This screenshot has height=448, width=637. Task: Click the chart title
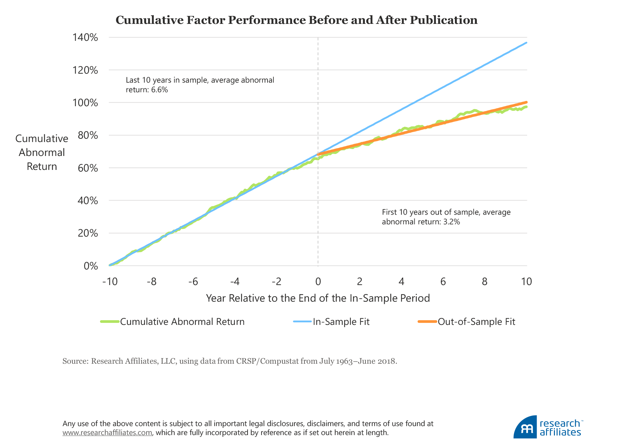coord(296,20)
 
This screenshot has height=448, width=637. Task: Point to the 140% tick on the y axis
coord(85,37)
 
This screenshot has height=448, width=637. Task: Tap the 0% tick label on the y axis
coord(90,266)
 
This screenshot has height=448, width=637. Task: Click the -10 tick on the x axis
coord(110,282)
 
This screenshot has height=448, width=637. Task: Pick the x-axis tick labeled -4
coord(235,282)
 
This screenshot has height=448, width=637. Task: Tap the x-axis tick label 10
coord(526,282)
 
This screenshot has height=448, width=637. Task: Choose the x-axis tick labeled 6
coord(443,282)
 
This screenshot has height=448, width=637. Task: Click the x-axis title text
coord(318,298)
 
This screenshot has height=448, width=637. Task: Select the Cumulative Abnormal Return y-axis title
coord(42,152)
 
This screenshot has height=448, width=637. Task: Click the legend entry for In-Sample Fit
coord(341,322)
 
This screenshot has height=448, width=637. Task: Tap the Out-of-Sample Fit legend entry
coord(476,322)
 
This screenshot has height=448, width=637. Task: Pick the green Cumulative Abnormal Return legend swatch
coord(110,322)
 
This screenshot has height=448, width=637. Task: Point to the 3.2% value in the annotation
coord(452,222)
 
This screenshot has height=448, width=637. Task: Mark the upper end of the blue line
coord(526,43)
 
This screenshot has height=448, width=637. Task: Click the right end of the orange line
coord(526,102)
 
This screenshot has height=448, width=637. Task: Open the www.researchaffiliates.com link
coord(107,433)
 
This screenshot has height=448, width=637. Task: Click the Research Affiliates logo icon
coord(525,427)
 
